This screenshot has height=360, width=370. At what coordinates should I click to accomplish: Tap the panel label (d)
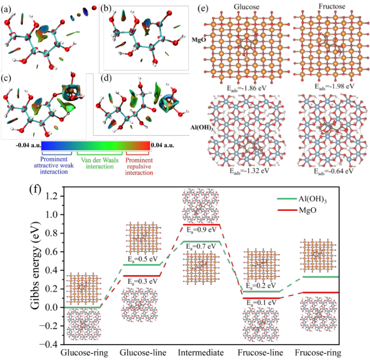[106, 78]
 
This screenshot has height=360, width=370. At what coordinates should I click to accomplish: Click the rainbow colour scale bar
[96, 145]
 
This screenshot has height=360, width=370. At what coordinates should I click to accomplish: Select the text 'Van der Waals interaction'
[99, 163]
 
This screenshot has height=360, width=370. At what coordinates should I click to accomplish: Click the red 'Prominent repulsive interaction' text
[140, 166]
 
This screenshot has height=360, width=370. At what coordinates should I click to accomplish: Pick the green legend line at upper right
[287, 199]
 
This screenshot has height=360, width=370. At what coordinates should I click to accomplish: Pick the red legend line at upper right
[287, 210]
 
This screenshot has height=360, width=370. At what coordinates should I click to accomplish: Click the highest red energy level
[201, 224]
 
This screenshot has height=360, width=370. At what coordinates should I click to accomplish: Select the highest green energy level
[201, 242]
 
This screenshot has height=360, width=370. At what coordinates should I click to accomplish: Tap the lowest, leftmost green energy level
[82, 307]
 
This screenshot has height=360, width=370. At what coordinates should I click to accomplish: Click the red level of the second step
[141, 275]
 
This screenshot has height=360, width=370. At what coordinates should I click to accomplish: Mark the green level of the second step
[141, 265]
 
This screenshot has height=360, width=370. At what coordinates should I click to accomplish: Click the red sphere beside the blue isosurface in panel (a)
[94, 8]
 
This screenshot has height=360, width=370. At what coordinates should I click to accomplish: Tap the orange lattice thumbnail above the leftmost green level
[83, 289]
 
